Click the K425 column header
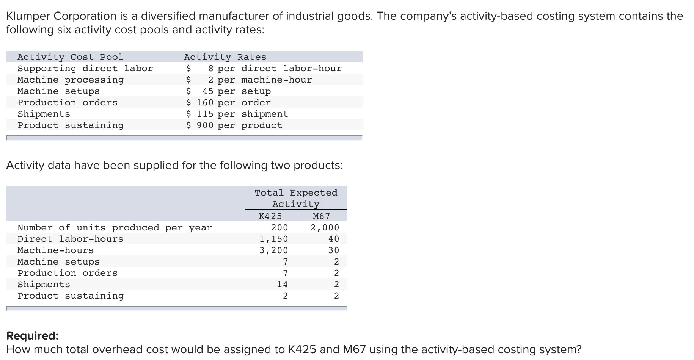[270, 216]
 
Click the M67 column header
[322, 216]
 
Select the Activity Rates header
[225, 57]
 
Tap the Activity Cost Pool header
[71, 57]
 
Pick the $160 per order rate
[228, 103]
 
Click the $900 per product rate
[234, 125]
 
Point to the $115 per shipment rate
[237, 114]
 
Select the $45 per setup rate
[228, 91]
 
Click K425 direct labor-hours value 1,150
[273, 239]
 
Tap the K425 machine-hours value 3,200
[273, 250]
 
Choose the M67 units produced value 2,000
[325, 228]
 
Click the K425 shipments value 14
[282, 285]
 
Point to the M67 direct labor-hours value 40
[334, 239]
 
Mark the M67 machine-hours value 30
[334, 250]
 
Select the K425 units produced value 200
[279, 228]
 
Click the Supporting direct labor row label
[85, 69]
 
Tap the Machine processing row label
[71, 80]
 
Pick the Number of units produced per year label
[115, 228]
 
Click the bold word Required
[33, 336]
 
